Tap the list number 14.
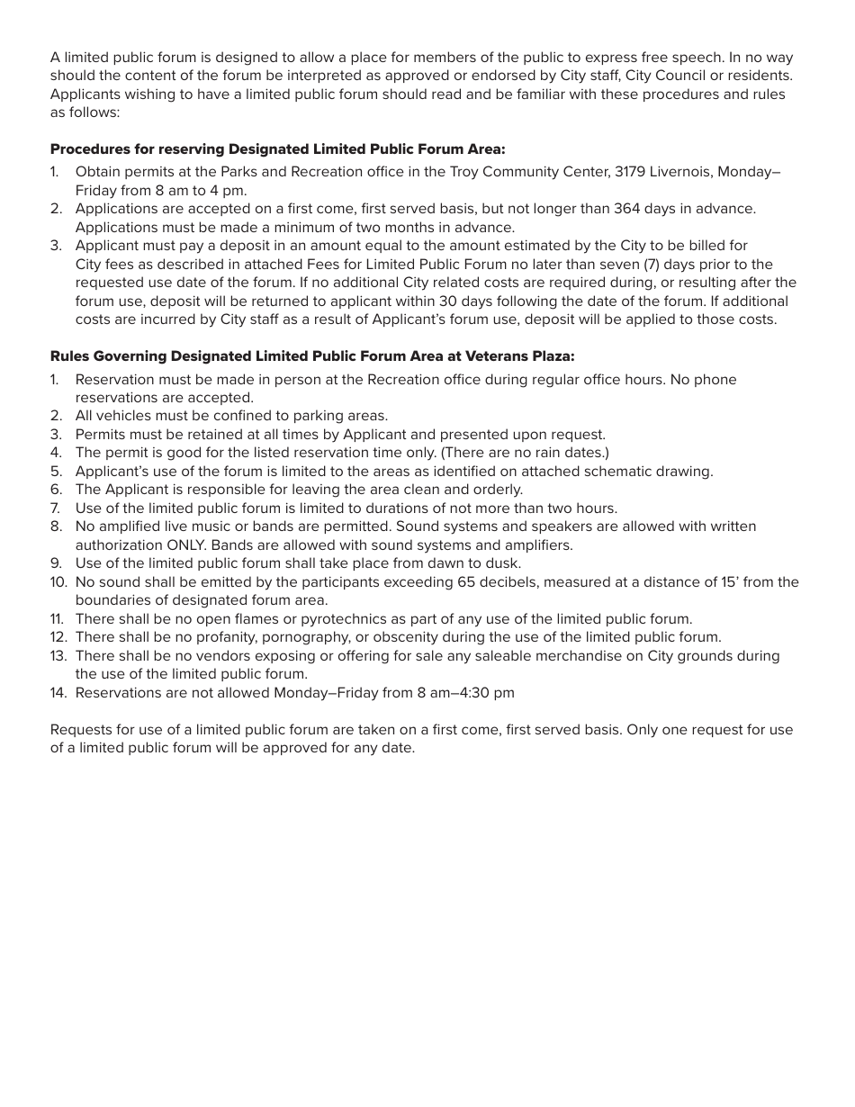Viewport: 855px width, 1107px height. (x=58, y=693)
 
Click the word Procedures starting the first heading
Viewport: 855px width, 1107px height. (x=92, y=148)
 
